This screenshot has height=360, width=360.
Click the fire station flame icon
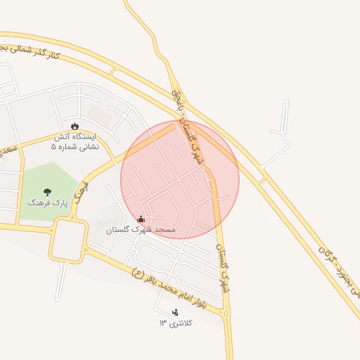tap(75, 127)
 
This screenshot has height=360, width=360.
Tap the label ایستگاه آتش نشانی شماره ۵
tap(75, 141)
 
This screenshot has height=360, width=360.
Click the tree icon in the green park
tap(47, 191)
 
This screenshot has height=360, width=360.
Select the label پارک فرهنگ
tap(46, 202)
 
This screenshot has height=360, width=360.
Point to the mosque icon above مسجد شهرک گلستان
tap(141, 219)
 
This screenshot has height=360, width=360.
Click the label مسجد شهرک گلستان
tap(141, 230)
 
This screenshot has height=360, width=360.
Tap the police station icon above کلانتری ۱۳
tap(175, 312)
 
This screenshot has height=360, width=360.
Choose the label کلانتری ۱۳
tap(175, 323)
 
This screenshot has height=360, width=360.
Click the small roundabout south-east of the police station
tap(226, 314)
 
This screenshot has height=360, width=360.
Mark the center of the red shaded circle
tap(180, 179)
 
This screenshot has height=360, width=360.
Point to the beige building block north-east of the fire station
tap(100, 115)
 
